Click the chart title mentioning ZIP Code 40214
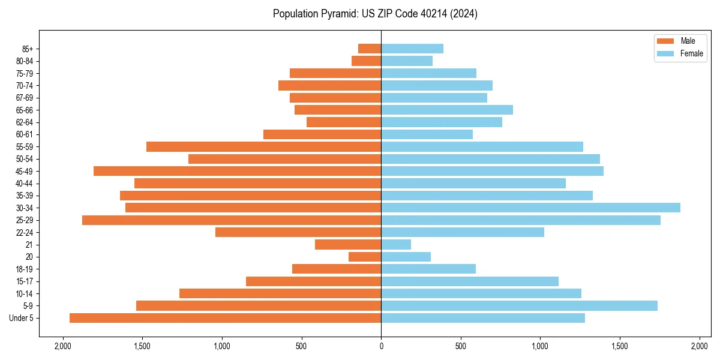tap(375, 14)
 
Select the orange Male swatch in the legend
tap(665, 41)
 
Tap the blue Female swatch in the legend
tap(665, 53)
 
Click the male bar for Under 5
tap(225, 318)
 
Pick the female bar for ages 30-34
tap(530, 208)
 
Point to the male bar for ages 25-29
tap(232, 220)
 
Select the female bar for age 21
tap(396, 245)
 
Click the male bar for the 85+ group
tap(370, 49)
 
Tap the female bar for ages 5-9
tap(519, 306)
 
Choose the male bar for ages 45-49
tap(237, 171)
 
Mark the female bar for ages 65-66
tap(447, 110)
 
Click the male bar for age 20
tap(365, 257)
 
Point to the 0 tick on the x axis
tap(381, 346)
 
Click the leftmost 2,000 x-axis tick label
tap(62, 346)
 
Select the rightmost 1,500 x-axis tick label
tap(620, 346)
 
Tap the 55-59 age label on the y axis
tap(24, 147)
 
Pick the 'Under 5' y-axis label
tap(21, 318)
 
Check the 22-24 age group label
tap(24, 233)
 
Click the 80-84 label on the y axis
tap(24, 61)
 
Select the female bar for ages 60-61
tap(427, 134)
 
